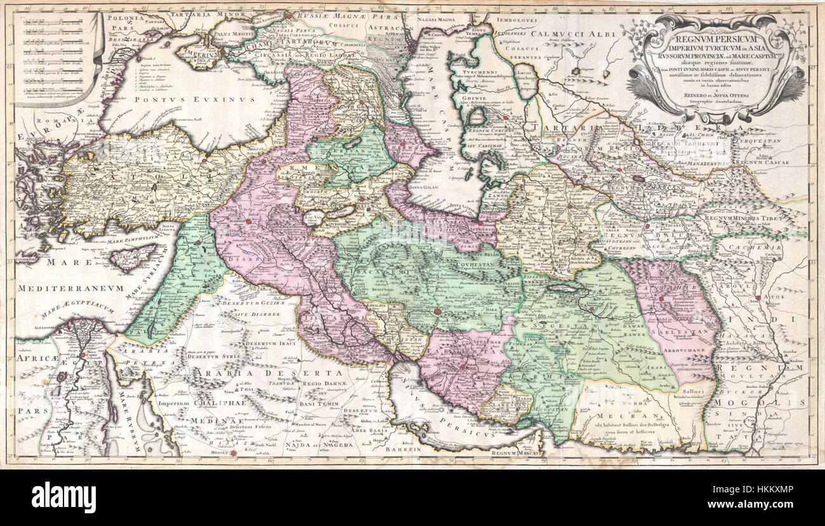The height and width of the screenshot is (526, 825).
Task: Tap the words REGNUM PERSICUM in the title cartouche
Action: (x=715, y=39)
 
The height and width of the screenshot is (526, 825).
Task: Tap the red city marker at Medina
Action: (x=232, y=453)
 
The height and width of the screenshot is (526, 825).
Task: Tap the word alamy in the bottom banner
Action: (x=63, y=497)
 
